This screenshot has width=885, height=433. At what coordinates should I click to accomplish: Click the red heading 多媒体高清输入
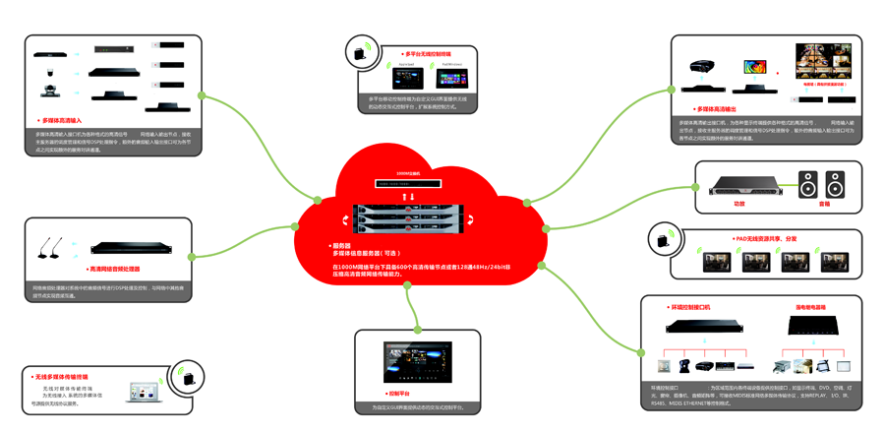(x=61, y=120)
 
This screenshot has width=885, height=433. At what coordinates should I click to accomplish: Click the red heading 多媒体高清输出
(x=717, y=108)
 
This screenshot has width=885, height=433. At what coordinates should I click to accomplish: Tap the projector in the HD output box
(x=702, y=68)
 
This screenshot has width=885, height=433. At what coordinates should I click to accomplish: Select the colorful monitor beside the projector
(x=755, y=69)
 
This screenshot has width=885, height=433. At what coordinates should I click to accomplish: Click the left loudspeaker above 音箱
(x=807, y=184)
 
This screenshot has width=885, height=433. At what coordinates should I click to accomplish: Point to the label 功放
(x=739, y=204)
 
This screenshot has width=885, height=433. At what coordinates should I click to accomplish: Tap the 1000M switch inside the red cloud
(x=407, y=183)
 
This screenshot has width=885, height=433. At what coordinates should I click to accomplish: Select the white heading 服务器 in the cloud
(x=341, y=245)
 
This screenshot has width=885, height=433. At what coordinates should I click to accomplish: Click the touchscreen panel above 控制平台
(x=417, y=361)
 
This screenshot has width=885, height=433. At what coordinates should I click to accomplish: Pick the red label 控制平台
(x=397, y=394)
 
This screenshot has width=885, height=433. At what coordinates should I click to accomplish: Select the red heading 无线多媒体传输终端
(x=61, y=377)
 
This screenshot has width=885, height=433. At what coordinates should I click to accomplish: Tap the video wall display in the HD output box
(x=823, y=62)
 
